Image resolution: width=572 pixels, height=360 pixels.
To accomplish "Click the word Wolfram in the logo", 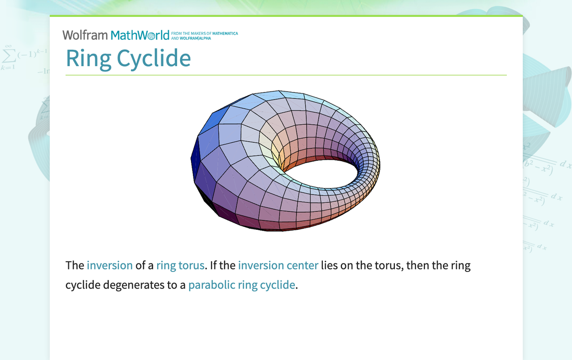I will tap(85, 35).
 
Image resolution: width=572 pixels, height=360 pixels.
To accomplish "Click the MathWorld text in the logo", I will tap(140, 35).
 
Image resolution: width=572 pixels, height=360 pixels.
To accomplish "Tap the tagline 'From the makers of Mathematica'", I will tap(204, 33).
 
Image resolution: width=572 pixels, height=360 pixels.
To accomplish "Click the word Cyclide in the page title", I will tap(154, 58).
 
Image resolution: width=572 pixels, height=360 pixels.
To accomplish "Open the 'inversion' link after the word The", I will tap(109, 265).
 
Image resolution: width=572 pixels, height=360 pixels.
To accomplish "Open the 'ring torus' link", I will tap(180, 265).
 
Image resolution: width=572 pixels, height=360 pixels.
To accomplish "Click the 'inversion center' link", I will tap(278, 265).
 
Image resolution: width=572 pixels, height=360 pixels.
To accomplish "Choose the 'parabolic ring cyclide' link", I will tap(241, 285).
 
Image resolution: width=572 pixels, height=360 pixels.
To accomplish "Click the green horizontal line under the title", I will tap(286, 75).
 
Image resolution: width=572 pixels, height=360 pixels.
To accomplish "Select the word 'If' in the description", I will tap(214, 265).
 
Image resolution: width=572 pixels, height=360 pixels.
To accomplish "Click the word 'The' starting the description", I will tap(75, 265).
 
